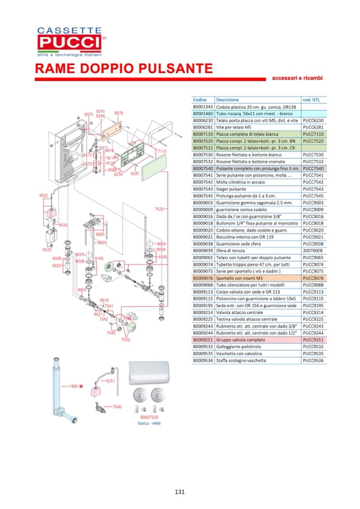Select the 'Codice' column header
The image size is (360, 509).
[x=200, y=100]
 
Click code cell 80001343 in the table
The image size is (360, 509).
[x=203, y=107]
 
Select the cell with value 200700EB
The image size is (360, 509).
[x=314, y=250]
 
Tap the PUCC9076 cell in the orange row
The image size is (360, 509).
[x=313, y=278]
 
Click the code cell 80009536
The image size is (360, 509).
[x=203, y=360]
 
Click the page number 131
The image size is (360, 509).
[x=179, y=491]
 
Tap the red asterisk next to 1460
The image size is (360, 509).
[x=81, y=387]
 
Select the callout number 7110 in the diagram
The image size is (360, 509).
[x=161, y=151]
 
